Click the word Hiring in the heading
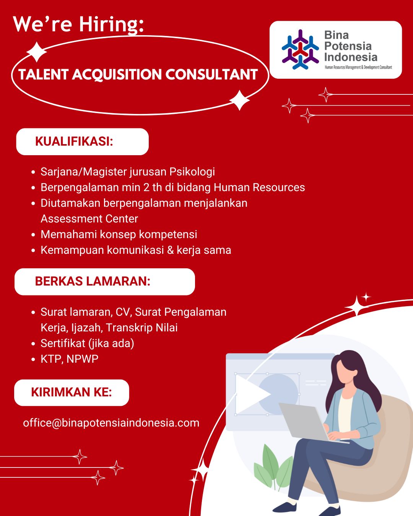111,24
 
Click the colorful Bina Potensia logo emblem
300,49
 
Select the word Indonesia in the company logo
351,57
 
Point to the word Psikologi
192,172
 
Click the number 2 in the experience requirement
146,188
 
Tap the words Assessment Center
89,219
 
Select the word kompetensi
168,235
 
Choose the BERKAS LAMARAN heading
93,281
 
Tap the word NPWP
82,359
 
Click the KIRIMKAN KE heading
72,392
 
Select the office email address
111,423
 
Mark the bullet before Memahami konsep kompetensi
33,235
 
